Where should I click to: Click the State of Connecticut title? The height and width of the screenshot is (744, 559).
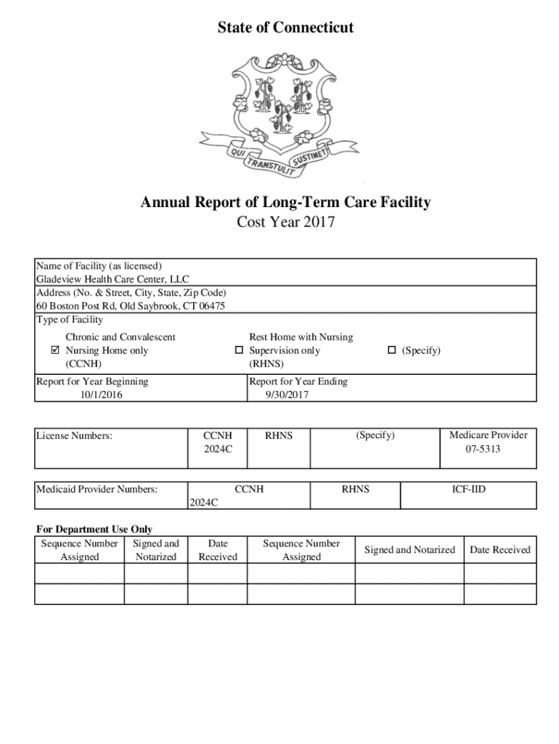click(x=285, y=28)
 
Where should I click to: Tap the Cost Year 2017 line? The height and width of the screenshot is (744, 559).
click(x=285, y=222)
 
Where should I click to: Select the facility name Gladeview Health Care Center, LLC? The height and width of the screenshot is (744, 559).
click(x=113, y=279)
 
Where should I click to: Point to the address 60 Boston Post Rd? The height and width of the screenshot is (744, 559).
click(x=131, y=306)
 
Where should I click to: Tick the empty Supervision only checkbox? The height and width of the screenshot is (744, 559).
click(x=238, y=350)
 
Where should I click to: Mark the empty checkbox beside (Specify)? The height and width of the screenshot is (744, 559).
click(x=391, y=350)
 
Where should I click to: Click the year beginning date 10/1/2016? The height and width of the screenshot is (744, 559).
click(x=102, y=395)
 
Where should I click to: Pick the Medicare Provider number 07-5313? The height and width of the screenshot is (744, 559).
click(x=483, y=449)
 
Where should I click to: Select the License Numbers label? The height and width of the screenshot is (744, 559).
click(x=75, y=436)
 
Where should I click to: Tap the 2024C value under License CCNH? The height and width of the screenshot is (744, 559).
click(x=218, y=449)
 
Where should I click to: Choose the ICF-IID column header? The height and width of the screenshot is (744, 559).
click(x=468, y=490)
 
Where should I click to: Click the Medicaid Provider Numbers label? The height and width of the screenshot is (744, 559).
click(x=97, y=490)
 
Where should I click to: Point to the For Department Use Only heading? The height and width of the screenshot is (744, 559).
click(x=94, y=530)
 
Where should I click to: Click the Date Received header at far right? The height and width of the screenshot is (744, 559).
click(x=500, y=550)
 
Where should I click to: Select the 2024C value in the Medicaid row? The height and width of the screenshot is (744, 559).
click(x=203, y=501)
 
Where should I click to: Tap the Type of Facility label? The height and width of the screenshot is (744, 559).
click(x=70, y=320)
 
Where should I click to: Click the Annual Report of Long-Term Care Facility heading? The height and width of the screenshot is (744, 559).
click(x=285, y=202)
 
